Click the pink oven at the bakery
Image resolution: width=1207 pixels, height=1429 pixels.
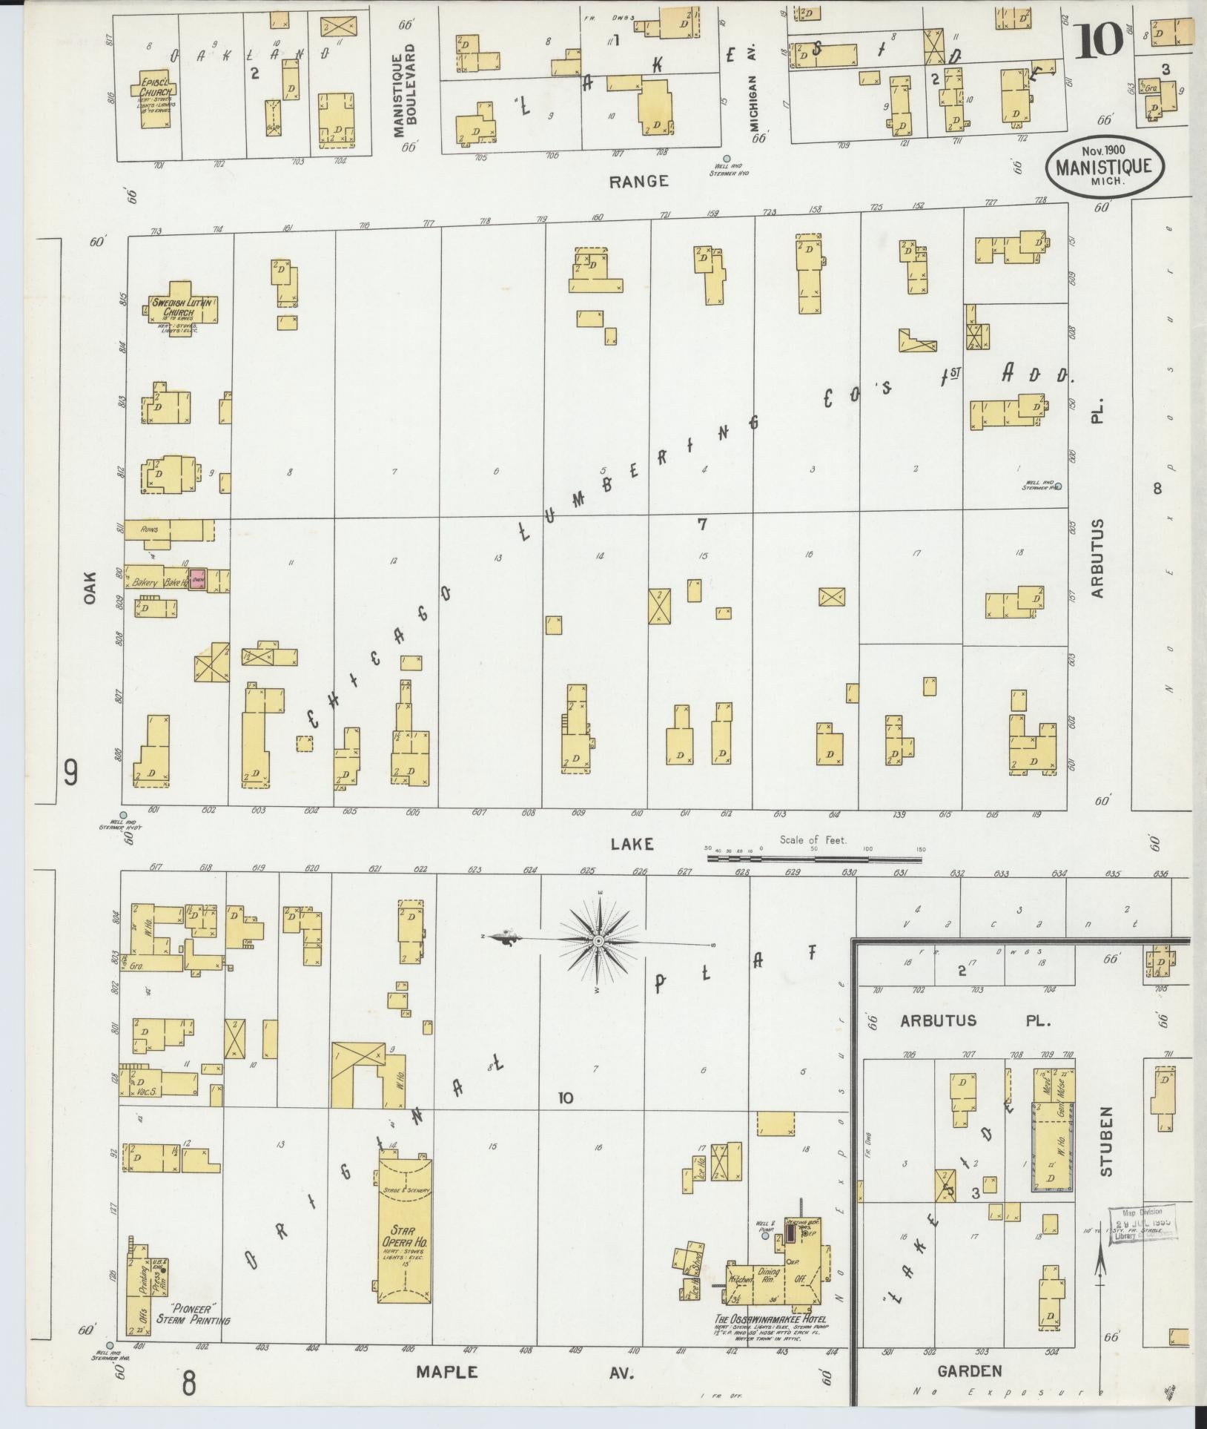(x=197, y=579)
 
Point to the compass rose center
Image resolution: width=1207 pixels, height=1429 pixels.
(x=598, y=940)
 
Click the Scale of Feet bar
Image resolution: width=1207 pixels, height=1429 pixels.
(x=813, y=859)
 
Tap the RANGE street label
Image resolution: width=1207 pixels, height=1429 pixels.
(x=638, y=181)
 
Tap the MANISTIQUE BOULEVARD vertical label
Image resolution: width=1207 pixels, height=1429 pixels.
(x=405, y=90)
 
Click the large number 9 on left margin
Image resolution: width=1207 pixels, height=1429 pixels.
(x=71, y=774)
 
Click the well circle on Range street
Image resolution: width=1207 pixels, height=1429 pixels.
(x=727, y=158)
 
